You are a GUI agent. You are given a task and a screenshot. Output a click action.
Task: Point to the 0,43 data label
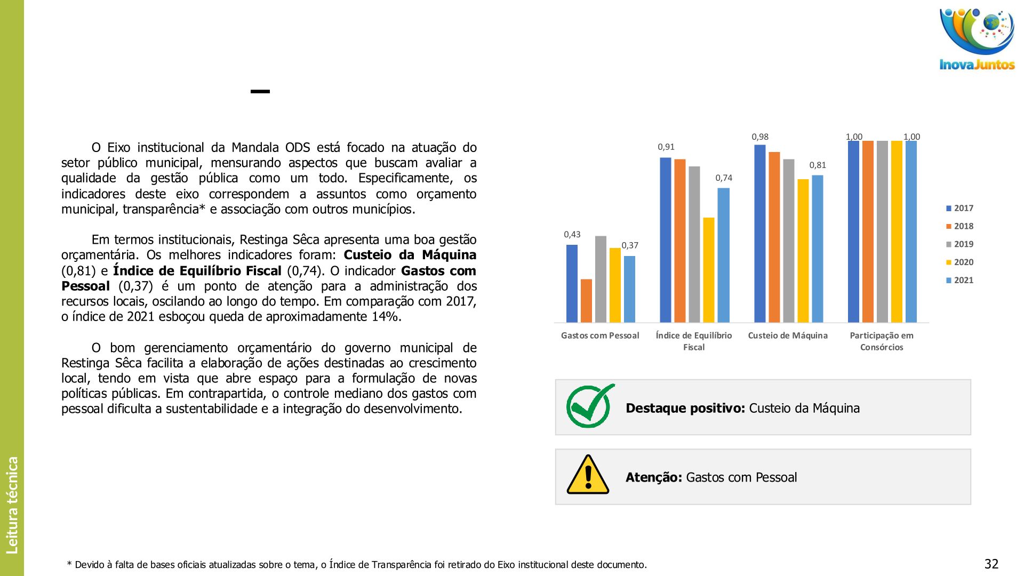(x=572, y=235)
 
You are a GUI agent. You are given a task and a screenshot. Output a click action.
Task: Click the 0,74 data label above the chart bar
(x=724, y=178)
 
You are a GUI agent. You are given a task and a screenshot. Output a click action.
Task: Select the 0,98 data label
(x=760, y=137)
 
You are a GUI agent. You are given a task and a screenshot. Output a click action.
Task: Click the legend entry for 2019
(x=959, y=244)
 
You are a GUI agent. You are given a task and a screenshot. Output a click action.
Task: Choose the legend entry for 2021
(x=959, y=281)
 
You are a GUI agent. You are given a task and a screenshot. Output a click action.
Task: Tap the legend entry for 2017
(x=959, y=209)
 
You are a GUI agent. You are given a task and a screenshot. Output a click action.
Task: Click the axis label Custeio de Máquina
(x=788, y=335)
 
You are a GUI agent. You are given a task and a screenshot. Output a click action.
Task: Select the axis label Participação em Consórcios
(x=882, y=341)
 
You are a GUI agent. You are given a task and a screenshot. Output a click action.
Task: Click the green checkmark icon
(x=590, y=406)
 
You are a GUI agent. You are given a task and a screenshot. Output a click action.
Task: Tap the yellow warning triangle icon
(x=588, y=475)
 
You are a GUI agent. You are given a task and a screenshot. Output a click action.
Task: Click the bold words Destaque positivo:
(x=685, y=409)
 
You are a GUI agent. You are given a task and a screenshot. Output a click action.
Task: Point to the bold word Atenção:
(x=653, y=477)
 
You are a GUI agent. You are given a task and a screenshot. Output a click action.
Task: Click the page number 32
(x=991, y=564)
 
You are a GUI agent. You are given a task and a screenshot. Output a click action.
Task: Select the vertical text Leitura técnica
(x=12, y=505)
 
